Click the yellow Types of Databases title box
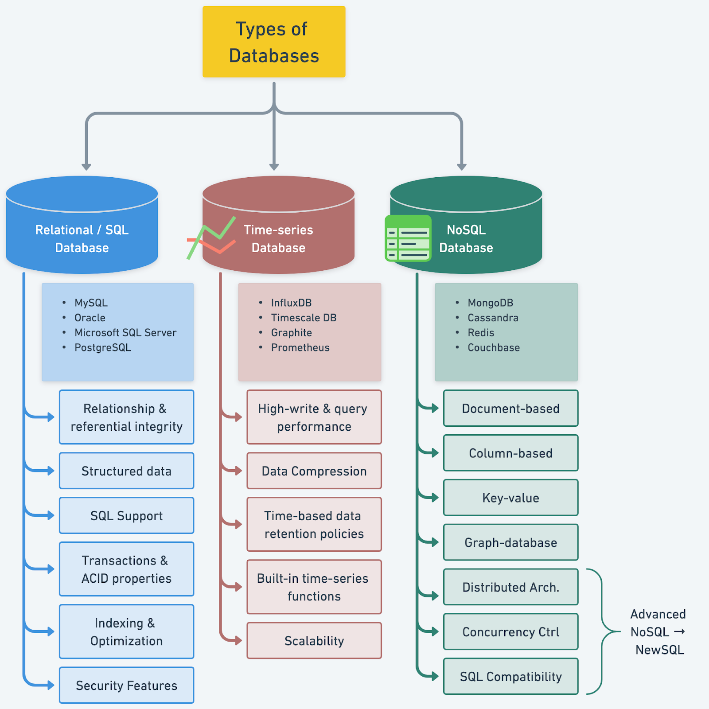(x=274, y=42)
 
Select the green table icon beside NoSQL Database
(x=408, y=238)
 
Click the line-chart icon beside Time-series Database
(x=211, y=238)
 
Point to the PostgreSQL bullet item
(x=102, y=347)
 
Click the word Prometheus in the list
(x=300, y=347)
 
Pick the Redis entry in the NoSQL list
(x=481, y=332)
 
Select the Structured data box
(x=126, y=471)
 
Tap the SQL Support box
(x=126, y=515)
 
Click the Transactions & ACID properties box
(x=126, y=569)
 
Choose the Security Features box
(x=126, y=685)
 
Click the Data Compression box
(x=314, y=471)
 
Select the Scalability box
(x=314, y=640)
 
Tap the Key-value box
(x=510, y=498)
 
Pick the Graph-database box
(x=510, y=542)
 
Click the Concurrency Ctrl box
(x=510, y=631)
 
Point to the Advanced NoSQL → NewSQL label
(x=658, y=632)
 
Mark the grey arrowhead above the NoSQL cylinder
(x=462, y=167)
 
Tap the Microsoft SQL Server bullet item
(x=125, y=332)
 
